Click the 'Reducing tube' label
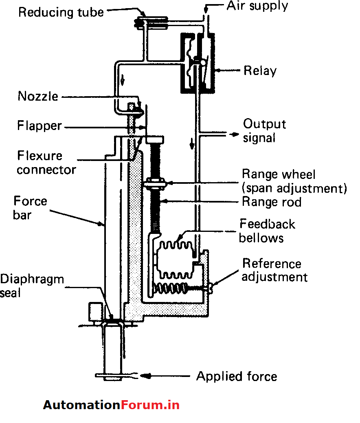click(61, 12)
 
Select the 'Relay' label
click(260, 71)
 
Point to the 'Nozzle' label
click(38, 97)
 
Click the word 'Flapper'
click(39, 126)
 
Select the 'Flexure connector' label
click(46, 162)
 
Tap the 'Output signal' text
click(264, 130)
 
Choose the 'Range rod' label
click(271, 201)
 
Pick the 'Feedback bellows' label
click(267, 231)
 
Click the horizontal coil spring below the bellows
click(171, 288)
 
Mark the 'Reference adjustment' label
click(274, 270)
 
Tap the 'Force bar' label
click(30, 208)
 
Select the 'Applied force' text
click(237, 376)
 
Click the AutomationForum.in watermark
click(111, 405)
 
